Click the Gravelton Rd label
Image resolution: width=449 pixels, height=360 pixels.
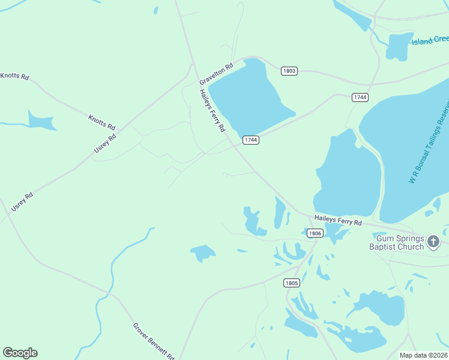click(x=216, y=74)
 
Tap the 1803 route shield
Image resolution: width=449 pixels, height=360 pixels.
click(x=289, y=71)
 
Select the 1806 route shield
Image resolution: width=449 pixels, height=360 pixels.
click(x=315, y=233)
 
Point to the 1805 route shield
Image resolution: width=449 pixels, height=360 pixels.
click(x=291, y=283)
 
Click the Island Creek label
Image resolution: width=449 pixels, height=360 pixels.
click(x=430, y=41)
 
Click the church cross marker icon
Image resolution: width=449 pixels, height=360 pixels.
click(x=433, y=242)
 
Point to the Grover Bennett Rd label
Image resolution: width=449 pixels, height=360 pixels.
click(x=153, y=340)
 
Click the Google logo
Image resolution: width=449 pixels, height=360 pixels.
click(x=20, y=353)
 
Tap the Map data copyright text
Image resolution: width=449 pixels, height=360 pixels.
click(x=423, y=355)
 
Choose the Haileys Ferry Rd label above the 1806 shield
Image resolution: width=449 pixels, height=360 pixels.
click(x=339, y=221)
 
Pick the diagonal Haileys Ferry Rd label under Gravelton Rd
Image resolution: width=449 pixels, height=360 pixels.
click(x=212, y=110)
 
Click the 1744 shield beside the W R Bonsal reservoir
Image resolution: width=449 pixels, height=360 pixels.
click(x=360, y=97)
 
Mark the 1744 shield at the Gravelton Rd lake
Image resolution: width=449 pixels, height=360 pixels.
click(x=251, y=140)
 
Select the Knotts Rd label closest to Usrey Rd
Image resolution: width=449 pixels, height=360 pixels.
click(x=101, y=122)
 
